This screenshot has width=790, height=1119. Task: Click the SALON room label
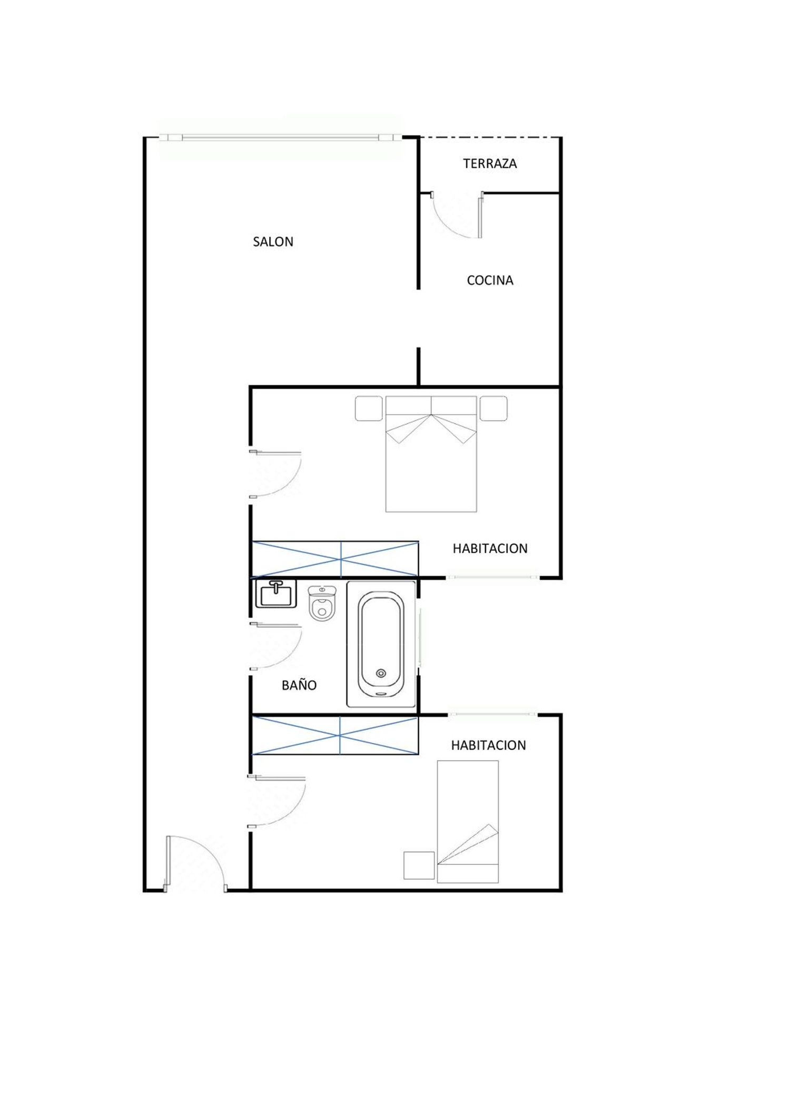click(273, 241)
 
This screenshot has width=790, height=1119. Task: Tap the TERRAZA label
click(490, 163)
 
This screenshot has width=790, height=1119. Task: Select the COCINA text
click(490, 280)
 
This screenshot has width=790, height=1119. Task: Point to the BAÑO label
click(299, 685)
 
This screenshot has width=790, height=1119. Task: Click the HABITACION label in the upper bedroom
click(490, 548)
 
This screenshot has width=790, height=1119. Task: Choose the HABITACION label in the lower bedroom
click(488, 745)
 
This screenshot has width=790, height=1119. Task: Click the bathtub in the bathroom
click(381, 644)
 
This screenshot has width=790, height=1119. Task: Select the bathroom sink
click(276, 593)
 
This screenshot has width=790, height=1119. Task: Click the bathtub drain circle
click(381, 673)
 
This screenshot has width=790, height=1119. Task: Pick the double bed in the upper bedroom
click(431, 454)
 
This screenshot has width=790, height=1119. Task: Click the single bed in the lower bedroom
click(468, 821)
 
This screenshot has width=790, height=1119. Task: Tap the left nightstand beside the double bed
click(369, 408)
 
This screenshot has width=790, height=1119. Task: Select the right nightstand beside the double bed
click(493, 408)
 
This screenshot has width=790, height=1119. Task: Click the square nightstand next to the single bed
click(419, 865)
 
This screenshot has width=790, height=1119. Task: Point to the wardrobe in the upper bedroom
click(335, 559)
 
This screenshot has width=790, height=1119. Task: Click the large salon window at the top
click(281, 138)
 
